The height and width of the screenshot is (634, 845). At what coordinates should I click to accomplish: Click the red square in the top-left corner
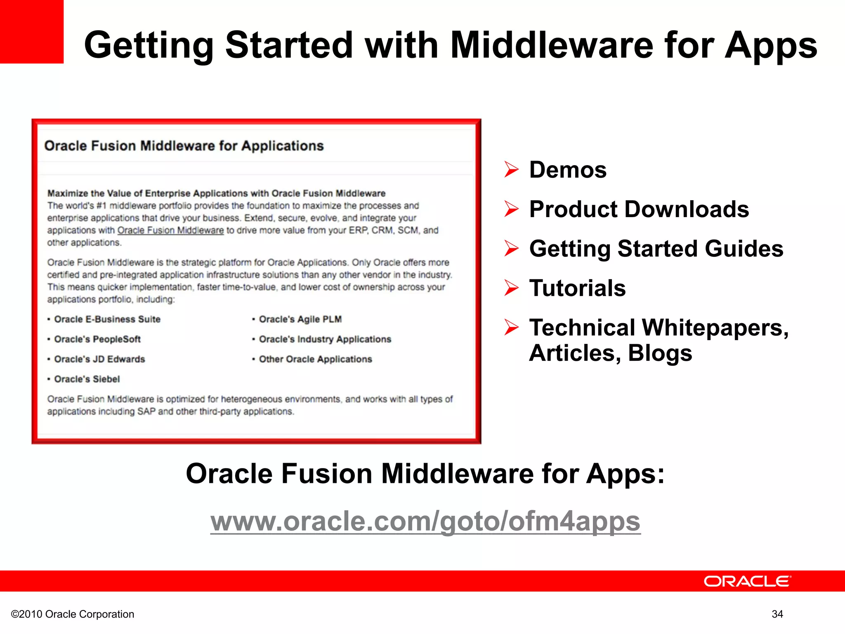31,31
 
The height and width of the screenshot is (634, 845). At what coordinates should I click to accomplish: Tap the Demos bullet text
568,170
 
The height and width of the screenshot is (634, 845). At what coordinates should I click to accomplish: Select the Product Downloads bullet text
639,209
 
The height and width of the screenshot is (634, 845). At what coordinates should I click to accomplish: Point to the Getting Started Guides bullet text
656,249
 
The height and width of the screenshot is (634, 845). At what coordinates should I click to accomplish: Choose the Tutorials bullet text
577,288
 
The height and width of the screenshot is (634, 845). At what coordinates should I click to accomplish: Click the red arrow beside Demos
511,170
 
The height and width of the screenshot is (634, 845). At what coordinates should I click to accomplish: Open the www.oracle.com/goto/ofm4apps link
425,521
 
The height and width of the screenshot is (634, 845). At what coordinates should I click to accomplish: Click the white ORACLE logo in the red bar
747,581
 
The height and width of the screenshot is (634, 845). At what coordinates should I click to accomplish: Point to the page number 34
777,614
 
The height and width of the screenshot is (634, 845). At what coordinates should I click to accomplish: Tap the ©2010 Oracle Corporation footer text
73,614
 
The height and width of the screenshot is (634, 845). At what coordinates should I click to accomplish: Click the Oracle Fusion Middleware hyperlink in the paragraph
170,230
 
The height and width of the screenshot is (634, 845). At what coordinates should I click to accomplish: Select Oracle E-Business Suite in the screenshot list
107,319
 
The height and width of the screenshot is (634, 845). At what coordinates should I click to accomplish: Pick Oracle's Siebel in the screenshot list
87,379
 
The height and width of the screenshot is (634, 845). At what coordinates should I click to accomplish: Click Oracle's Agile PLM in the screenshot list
300,319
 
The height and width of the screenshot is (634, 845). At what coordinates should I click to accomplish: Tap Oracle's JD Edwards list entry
99,359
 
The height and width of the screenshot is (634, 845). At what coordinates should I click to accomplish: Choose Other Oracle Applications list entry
315,359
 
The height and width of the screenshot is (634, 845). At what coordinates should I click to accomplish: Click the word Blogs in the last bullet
660,353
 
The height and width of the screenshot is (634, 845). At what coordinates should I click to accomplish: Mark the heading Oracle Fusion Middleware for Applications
184,146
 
